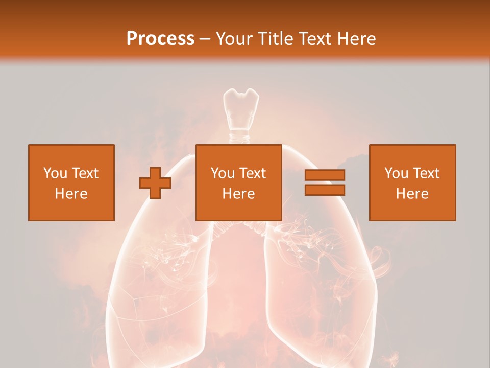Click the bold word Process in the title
pos(160,39)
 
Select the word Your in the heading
pos(235,39)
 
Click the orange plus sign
pos(155,183)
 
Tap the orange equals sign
pos(325,182)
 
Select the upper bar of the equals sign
pos(325,175)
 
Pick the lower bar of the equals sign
pos(325,190)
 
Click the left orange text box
pos(71,182)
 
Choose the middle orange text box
pos(238,182)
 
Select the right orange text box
pos(412,182)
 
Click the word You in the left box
pos(55,173)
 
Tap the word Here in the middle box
pos(238,194)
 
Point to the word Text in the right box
pos(426,173)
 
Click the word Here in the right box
pos(412,194)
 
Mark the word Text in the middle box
pos(252,173)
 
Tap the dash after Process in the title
pos(205,39)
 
